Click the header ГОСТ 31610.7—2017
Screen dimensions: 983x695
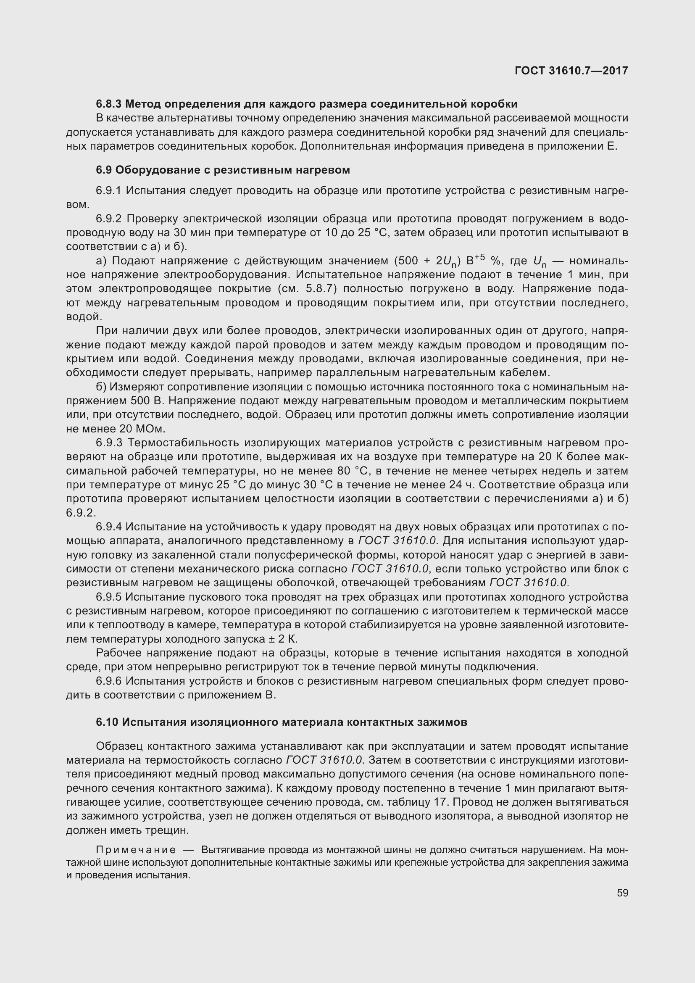click(571, 71)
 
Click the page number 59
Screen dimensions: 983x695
click(622, 893)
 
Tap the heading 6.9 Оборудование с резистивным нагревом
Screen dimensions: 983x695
click(223, 170)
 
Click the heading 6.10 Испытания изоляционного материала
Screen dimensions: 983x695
click(281, 722)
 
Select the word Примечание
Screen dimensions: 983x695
click(136, 849)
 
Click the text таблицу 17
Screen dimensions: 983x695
click(418, 802)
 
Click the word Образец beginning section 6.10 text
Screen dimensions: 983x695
click(118, 746)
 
